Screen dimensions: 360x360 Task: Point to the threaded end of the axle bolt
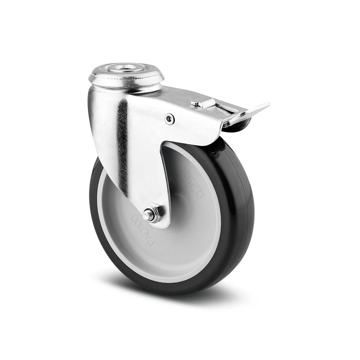click(147, 216)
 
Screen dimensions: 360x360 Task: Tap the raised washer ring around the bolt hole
click(126, 72)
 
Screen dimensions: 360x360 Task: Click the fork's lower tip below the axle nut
click(162, 225)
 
